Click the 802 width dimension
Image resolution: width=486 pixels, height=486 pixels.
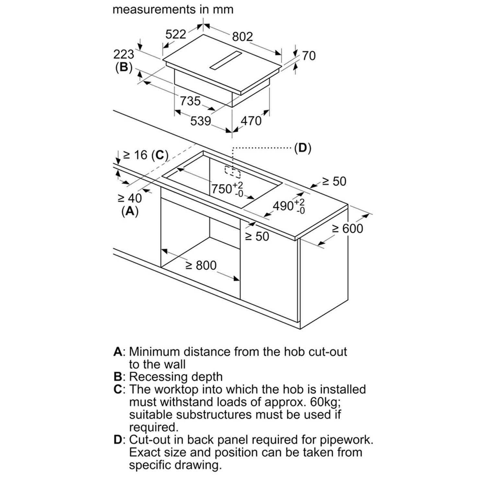pyautogui.click(x=242, y=37)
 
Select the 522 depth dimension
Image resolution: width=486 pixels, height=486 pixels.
pyautogui.click(x=176, y=34)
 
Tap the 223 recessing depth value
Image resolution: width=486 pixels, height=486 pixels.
pyautogui.click(x=123, y=54)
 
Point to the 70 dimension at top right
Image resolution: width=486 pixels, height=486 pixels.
pyautogui.click(x=308, y=56)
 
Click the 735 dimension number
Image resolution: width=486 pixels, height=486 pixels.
pyautogui.click(x=190, y=101)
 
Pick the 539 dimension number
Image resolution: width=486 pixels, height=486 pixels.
pyautogui.click(x=201, y=121)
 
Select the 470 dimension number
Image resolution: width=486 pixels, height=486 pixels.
pyautogui.click(x=251, y=121)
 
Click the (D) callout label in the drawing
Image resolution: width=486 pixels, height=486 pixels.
pyautogui.click(x=302, y=148)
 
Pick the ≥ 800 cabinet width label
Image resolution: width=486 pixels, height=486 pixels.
pyautogui.click(x=201, y=265)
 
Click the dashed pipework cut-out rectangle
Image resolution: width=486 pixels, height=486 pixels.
pyautogui.click(x=233, y=172)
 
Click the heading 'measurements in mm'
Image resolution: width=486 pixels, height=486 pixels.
pyautogui.click(x=173, y=9)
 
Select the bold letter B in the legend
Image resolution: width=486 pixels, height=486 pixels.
pyautogui.click(x=117, y=377)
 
